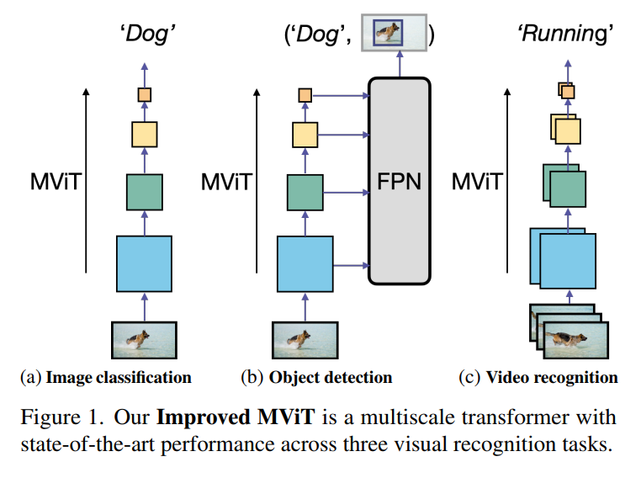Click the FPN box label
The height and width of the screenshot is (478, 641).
pyautogui.click(x=399, y=181)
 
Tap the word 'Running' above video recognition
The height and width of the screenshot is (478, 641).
pyautogui.click(x=566, y=34)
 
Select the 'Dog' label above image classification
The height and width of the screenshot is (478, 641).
pyautogui.click(x=147, y=34)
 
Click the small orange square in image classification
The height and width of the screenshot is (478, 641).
pyautogui.click(x=145, y=95)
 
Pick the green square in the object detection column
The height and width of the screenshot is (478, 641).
pyautogui.click(x=305, y=193)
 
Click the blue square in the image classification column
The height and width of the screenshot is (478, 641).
pyautogui.click(x=145, y=263)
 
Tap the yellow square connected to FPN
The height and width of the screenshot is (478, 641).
pyautogui.click(x=305, y=135)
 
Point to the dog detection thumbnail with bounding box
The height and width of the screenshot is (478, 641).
pyautogui.click(x=394, y=33)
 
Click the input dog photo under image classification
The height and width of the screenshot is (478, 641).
pyautogui.click(x=145, y=340)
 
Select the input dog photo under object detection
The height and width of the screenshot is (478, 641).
pyautogui.click(x=305, y=340)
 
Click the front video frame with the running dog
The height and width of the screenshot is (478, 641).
pyautogui.click(x=576, y=340)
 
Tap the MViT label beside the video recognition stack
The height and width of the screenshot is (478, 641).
pyautogui.click(x=477, y=182)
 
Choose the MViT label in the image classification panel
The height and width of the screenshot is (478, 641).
pyautogui.click(x=56, y=182)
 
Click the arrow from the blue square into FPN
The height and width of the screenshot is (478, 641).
pyautogui.click(x=352, y=266)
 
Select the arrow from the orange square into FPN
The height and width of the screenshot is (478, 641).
pyautogui.click(x=341, y=96)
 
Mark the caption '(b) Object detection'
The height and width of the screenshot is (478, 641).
pyautogui.click(x=316, y=377)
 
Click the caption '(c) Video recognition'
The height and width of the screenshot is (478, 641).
pyautogui.click(x=538, y=377)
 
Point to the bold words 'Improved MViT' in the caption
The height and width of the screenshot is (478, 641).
pyautogui.click(x=236, y=417)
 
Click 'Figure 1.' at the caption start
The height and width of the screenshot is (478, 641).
pyautogui.click(x=61, y=417)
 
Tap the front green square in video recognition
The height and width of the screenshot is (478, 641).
pyautogui.click(x=568, y=189)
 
